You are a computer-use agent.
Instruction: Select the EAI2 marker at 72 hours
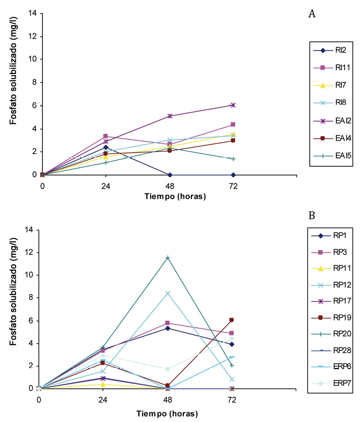click(233, 105)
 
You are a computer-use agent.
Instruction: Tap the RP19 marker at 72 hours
click(231, 320)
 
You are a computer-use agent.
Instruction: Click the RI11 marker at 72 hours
click(233, 124)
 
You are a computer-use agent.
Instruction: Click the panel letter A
click(312, 14)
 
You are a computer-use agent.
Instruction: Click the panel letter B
click(312, 216)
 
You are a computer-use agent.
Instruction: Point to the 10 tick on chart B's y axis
click(30, 275)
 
